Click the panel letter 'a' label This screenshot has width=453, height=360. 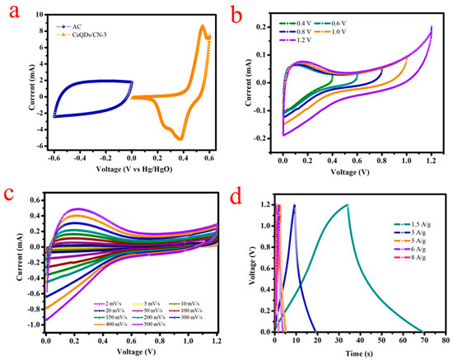pos(10,12)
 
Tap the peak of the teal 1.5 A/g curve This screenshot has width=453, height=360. pos(348,205)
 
